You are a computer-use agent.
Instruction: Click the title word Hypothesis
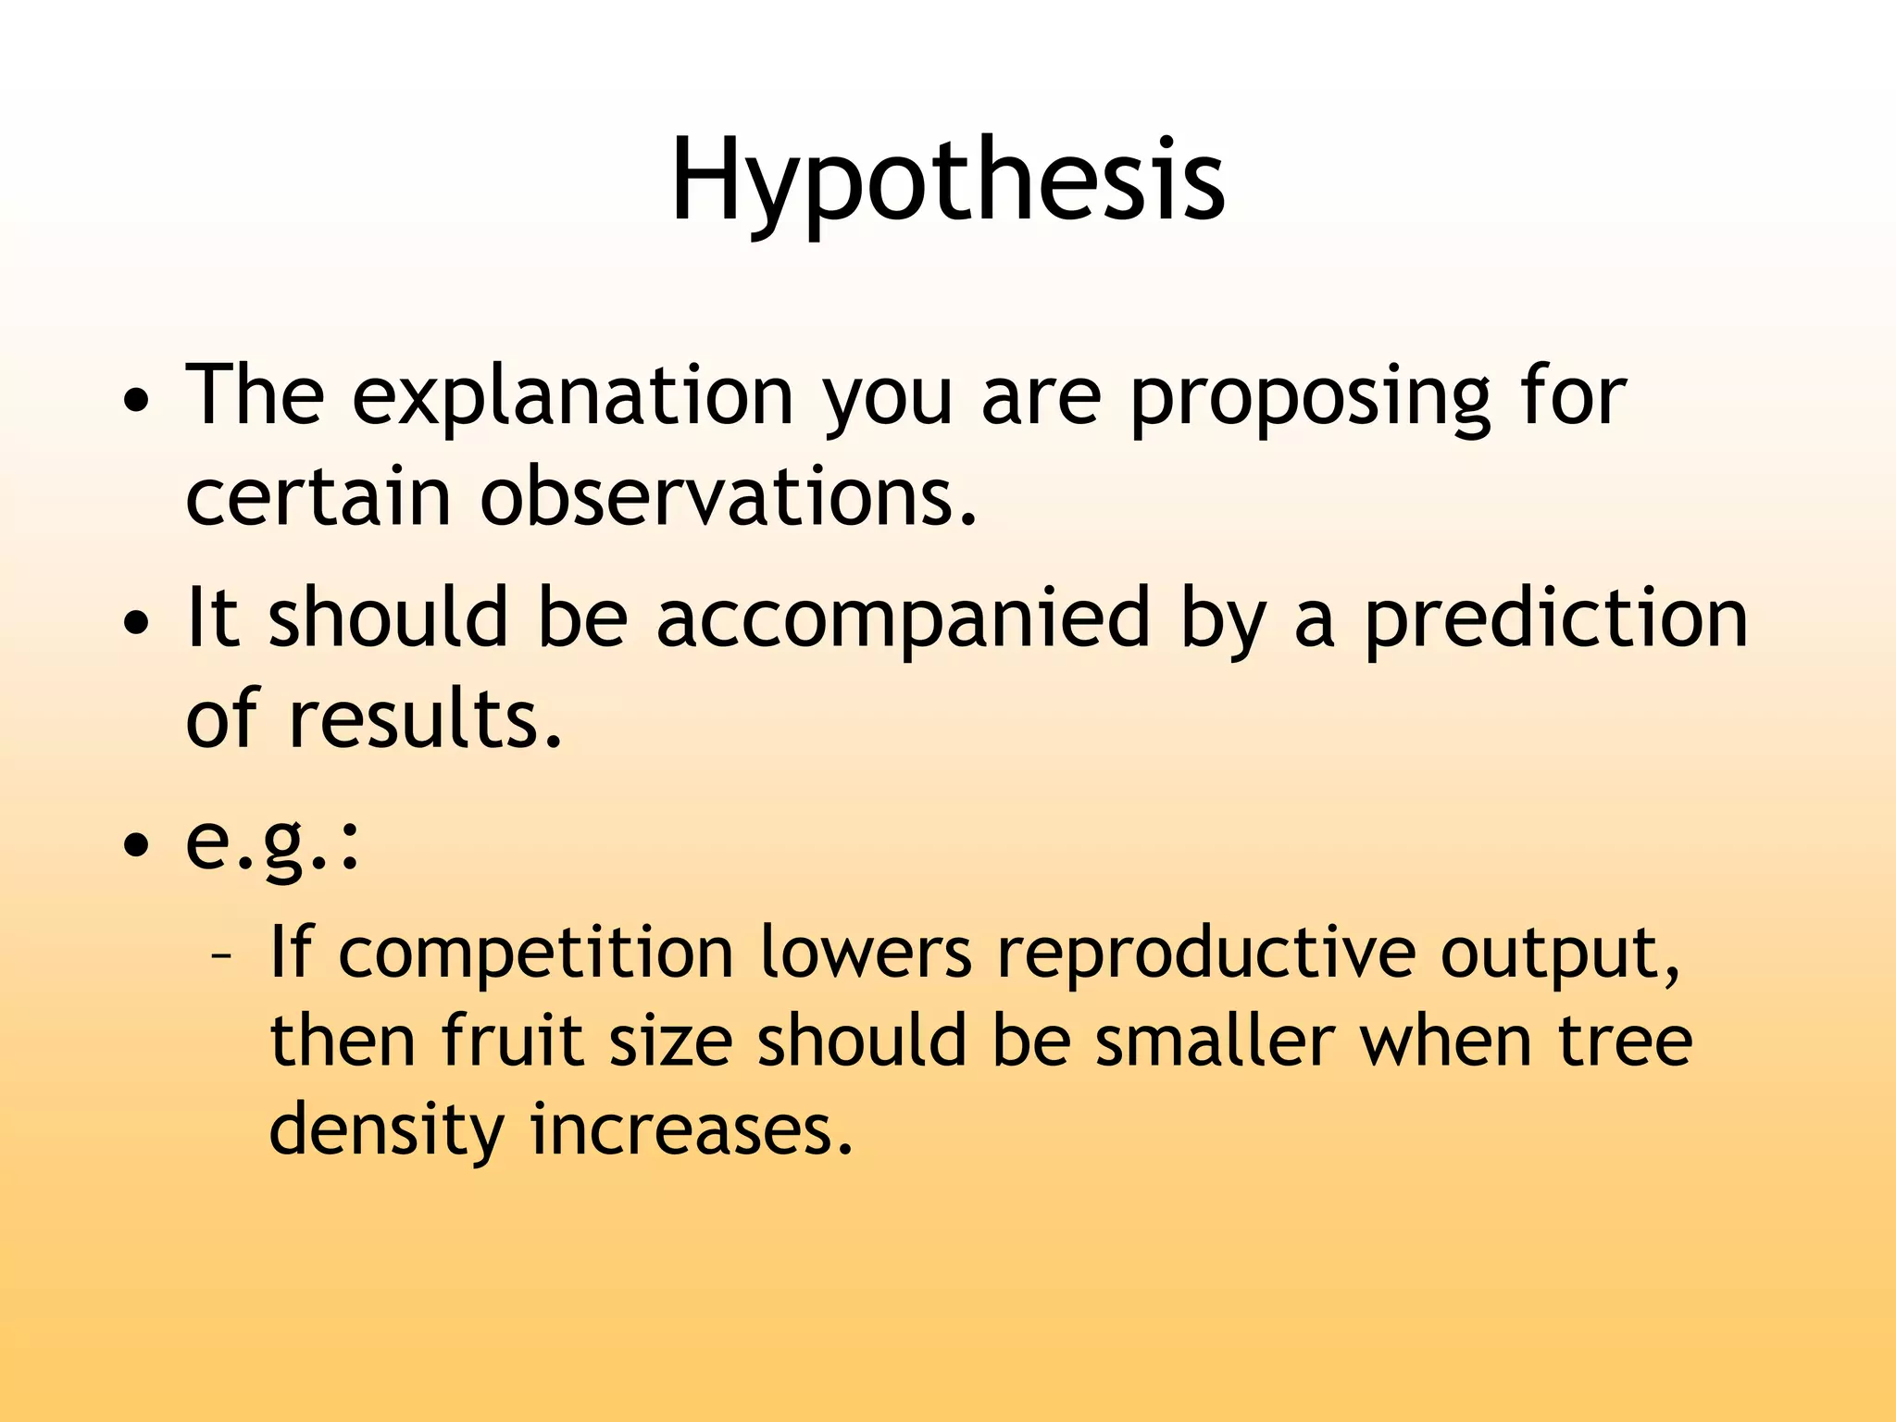[x=947, y=181]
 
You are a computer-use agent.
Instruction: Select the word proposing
[x=1310, y=396]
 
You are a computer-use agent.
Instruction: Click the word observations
[x=728, y=497]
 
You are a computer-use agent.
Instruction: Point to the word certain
[x=318, y=497]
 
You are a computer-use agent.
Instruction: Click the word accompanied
[x=903, y=617]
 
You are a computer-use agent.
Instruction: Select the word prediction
[x=1555, y=617]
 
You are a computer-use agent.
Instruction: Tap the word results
[x=425, y=719]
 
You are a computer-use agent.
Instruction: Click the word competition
[x=535, y=954]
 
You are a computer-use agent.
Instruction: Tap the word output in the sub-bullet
[x=1559, y=954]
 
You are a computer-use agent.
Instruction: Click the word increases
[x=691, y=1130]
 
